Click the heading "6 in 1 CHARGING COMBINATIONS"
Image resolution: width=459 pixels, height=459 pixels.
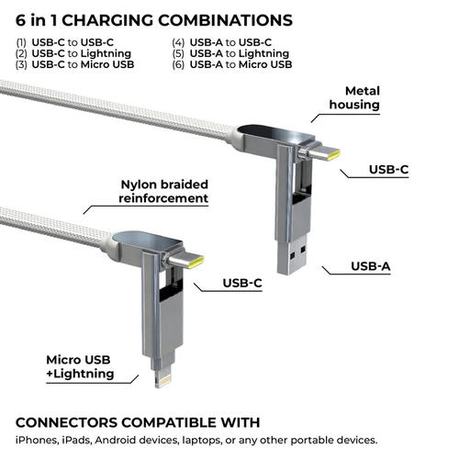154,20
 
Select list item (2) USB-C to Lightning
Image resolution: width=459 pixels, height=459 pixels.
73,53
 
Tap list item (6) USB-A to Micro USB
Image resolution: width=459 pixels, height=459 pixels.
232,64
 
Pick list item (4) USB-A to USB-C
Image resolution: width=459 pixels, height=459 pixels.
222,42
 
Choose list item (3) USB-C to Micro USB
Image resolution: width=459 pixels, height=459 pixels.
75,64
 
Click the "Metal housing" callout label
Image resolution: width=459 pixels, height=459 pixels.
354,98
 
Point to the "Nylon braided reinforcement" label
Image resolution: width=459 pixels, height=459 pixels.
163,192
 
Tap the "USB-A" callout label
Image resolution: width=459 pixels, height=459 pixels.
371,266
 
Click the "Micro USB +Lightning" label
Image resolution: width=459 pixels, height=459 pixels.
80,366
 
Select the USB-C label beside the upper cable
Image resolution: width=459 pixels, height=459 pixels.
389,170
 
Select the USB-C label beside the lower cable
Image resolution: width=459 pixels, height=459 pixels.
242,283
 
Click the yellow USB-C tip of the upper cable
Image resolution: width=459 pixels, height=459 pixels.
333,154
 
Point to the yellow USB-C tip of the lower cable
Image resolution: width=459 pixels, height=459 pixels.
196,263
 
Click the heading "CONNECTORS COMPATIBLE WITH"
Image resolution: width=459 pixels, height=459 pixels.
138,422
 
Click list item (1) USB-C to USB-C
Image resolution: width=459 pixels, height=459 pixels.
65,42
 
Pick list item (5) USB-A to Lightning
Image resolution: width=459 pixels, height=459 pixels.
230,53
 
